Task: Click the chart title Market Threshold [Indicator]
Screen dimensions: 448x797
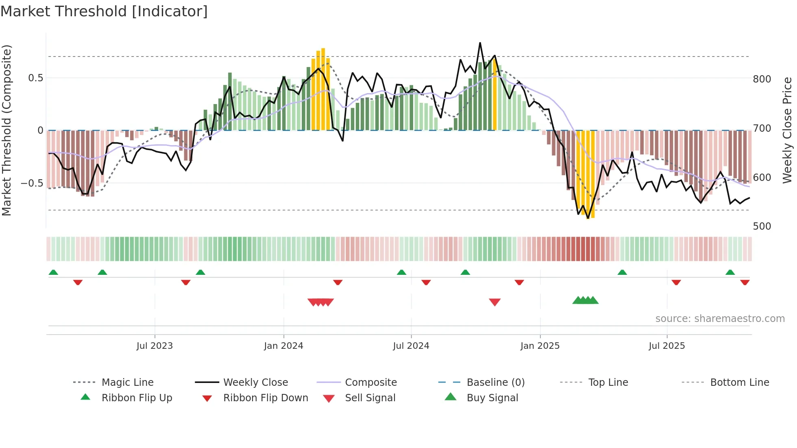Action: click(x=104, y=11)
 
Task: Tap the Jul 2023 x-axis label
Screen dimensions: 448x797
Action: click(x=155, y=346)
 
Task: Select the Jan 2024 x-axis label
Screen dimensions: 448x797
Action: click(x=283, y=346)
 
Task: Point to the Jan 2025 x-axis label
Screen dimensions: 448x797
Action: click(x=540, y=346)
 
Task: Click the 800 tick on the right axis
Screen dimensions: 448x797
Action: click(x=762, y=79)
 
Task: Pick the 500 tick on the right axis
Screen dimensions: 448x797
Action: click(x=762, y=226)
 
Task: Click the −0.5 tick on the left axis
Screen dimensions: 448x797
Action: click(x=32, y=183)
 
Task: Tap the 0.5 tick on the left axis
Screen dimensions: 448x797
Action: click(x=35, y=78)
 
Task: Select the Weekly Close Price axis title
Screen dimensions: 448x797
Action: click(x=787, y=130)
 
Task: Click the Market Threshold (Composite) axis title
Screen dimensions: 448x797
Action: click(x=7, y=130)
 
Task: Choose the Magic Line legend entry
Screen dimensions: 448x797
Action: click(x=127, y=382)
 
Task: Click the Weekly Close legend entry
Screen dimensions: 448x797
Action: click(x=255, y=382)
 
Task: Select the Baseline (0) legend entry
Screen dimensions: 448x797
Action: click(x=495, y=382)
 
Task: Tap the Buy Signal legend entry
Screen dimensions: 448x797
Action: click(x=492, y=398)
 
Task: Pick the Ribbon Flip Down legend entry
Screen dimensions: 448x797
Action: click(x=266, y=398)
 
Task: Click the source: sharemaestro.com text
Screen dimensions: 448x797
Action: click(x=720, y=318)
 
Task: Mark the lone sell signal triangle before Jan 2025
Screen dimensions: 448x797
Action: click(x=494, y=302)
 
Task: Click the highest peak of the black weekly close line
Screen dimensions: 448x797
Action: click(x=480, y=43)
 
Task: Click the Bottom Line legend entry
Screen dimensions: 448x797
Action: click(x=739, y=382)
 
